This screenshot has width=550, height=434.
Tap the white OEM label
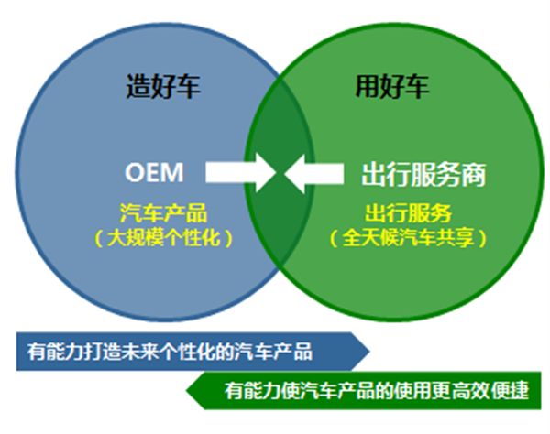click(155, 172)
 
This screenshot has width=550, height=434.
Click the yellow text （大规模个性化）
click(164, 237)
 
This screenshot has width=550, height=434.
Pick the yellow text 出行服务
click(408, 214)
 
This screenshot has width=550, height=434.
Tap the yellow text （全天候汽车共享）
click(408, 237)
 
